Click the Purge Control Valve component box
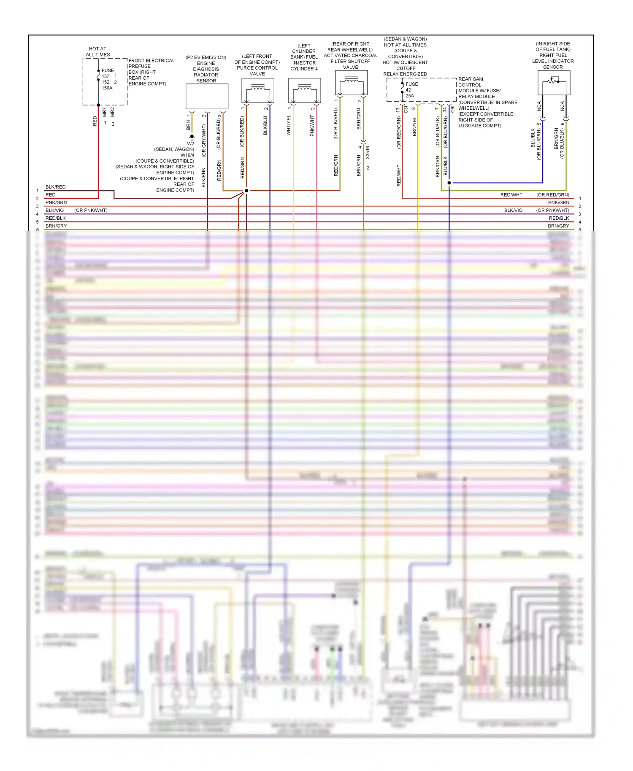coord(258,90)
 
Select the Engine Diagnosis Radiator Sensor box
coord(207,96)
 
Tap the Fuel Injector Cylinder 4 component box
coord(305,90)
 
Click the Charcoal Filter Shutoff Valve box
coord(351,82)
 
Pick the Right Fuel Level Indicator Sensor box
coord(554,82)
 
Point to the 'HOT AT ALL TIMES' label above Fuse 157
coord(97,51)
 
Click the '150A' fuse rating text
coord(107,88)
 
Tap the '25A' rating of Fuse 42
coord(410,96)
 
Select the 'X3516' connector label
coord(368,152)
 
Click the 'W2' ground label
coord(191,143)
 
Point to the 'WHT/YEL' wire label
coord(289,125)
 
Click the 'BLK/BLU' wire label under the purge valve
coord(265,126)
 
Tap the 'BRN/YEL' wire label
coord(414,126)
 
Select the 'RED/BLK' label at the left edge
coord(56,218)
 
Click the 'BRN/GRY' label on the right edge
coord(558,226)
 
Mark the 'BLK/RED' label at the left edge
coord(56,187)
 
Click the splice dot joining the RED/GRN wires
coord(246,191)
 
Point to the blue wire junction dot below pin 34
coord(449,183)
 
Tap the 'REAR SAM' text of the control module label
coord(471,79)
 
